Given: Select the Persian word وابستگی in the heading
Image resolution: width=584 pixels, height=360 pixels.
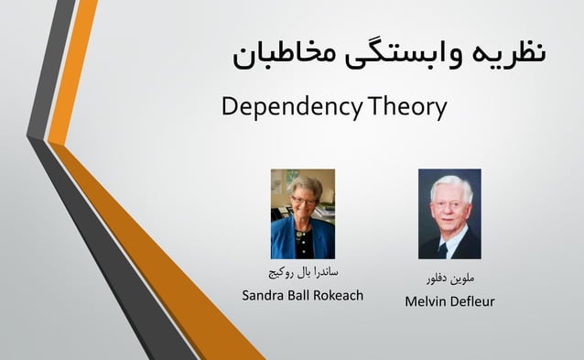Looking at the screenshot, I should click(400, 51).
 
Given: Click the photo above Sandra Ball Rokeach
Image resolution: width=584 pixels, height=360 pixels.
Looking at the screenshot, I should click(302, 213).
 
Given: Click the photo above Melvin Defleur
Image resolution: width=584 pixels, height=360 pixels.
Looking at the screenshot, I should click(449, 213).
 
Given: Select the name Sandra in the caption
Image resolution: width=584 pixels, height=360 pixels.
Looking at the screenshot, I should click(264, 296).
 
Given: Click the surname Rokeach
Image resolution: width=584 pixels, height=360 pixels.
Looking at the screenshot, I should click(342, 295).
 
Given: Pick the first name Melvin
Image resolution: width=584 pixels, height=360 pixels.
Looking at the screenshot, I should click(426, 301).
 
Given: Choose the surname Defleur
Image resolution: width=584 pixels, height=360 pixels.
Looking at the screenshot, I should click(472, 301).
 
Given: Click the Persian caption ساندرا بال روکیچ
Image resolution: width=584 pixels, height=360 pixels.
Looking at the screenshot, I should click(302, 272).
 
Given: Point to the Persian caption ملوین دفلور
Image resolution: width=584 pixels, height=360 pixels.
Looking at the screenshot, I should click(449, 276).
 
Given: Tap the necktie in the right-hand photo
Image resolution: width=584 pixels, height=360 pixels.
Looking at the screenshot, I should click(444, 245).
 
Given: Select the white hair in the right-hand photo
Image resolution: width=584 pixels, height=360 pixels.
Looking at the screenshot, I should click(449, 184).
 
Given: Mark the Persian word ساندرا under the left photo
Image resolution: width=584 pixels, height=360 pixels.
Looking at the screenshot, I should click(323, 272).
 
